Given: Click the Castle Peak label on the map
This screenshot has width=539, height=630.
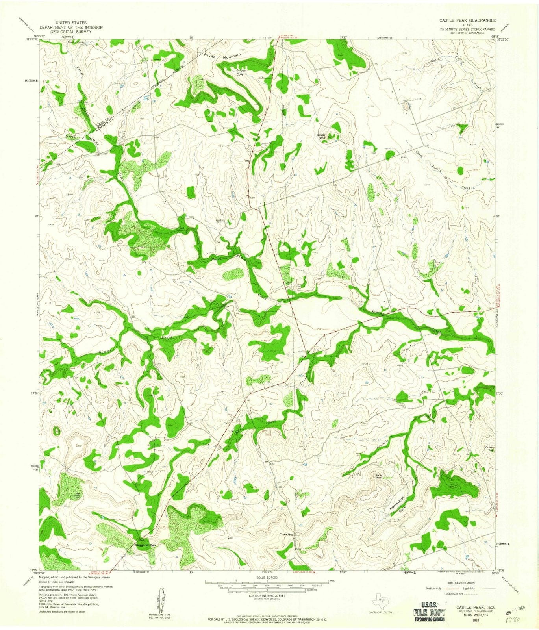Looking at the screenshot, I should coord(322,136).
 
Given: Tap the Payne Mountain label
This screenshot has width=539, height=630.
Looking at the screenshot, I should coord(223,56).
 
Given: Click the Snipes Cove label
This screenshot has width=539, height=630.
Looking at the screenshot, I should coord(240,72).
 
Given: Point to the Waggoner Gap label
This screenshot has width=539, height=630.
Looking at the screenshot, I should coord(146,545).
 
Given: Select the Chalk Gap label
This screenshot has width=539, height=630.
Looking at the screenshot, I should coord(287,535).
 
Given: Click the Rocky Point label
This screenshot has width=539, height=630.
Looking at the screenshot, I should coord(379,476).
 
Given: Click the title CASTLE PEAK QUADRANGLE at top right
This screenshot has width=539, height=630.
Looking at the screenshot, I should coord(468,20).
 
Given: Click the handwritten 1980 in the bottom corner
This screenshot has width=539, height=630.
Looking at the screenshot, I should coord(511,619).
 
